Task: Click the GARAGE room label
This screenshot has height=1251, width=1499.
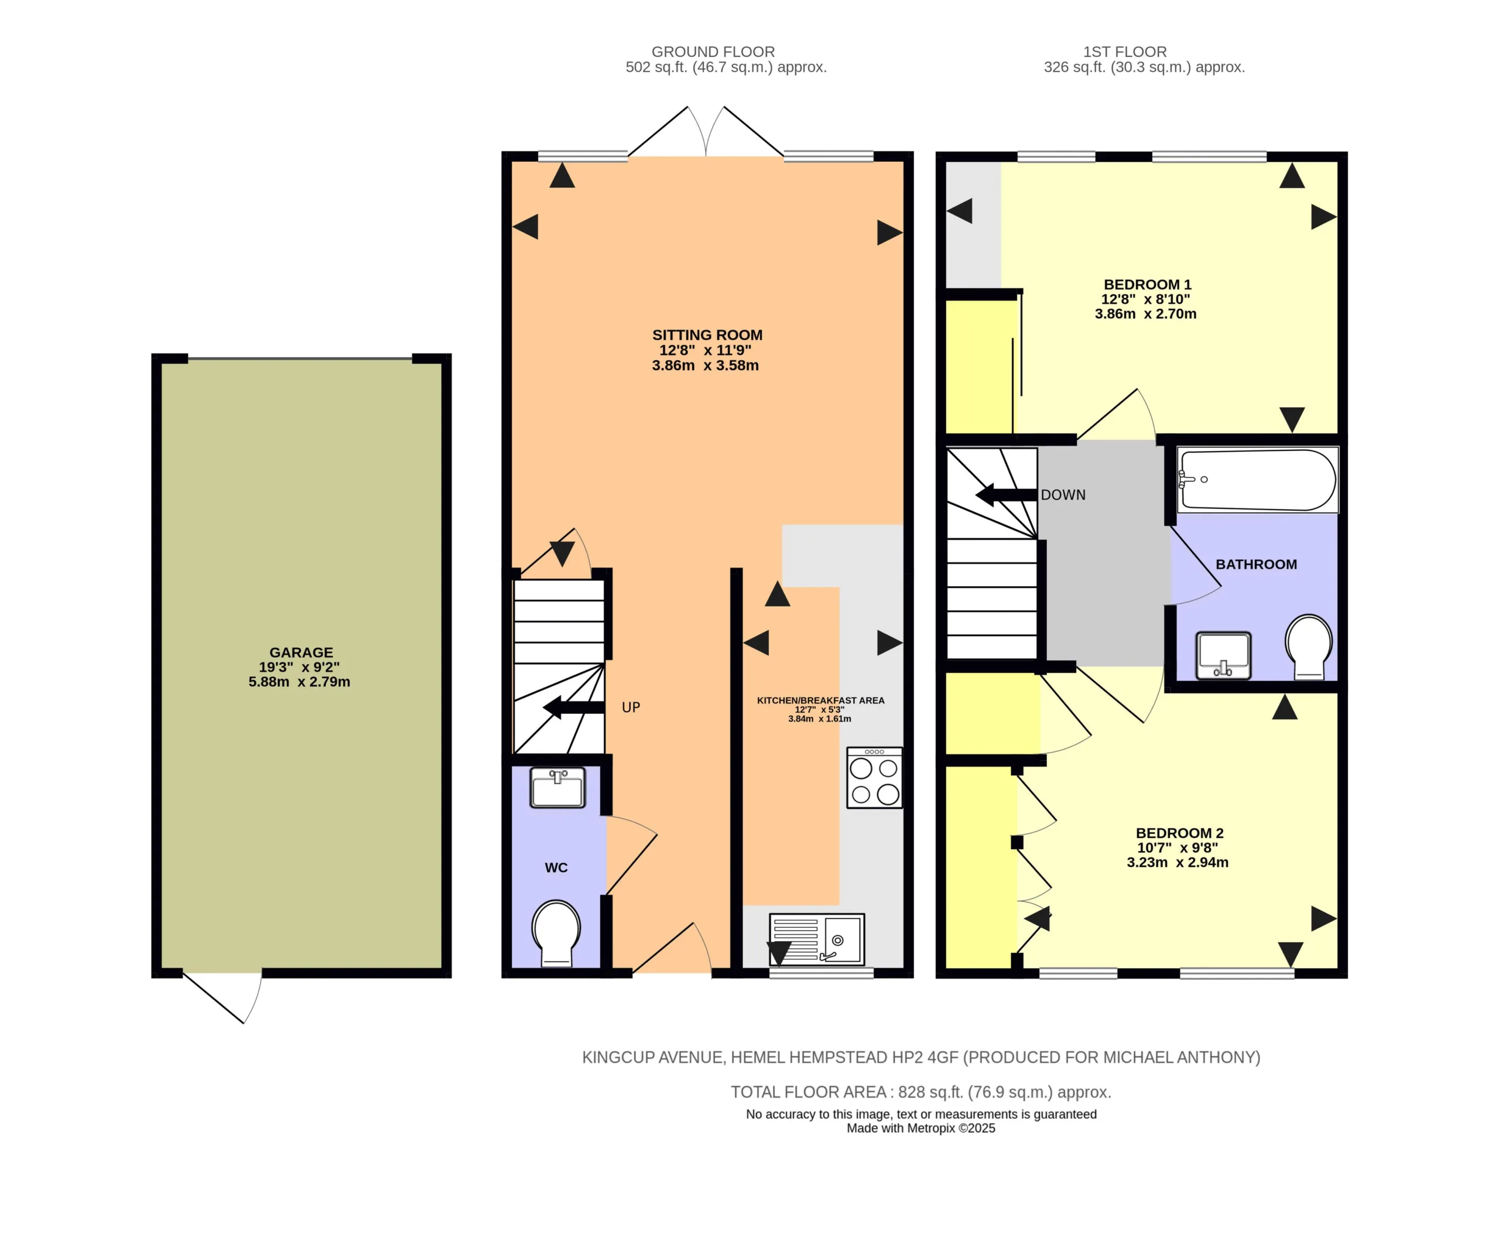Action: tap(301, 652)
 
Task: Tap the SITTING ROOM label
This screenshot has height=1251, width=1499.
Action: tap(707, 335)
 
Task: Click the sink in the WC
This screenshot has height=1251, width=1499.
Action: tap(557, 788)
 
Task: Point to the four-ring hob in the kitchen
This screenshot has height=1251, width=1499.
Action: tap(874, 778)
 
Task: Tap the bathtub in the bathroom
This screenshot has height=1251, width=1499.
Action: tap(1258, 479)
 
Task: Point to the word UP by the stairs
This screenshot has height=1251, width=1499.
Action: tap(631, 707)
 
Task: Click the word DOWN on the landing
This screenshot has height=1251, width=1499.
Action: tap(1063, 495)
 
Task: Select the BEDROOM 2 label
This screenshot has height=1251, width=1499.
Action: tap(1180, 833)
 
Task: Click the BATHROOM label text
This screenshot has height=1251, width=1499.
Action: tap(1257, 564)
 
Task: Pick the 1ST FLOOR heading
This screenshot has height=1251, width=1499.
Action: tap(1125, 52)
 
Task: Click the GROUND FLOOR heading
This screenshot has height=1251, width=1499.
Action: tap(713, 52)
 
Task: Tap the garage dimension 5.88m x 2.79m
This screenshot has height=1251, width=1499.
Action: tap(299, 682)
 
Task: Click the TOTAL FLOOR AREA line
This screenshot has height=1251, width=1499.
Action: tap(921, 1092)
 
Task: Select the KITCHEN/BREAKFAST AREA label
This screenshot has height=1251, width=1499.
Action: tap(821, 700)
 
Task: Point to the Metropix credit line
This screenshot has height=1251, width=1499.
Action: tap(921, 1128)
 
